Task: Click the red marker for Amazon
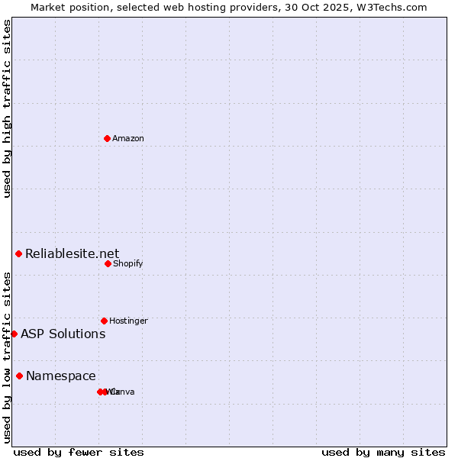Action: (x=108, y=138)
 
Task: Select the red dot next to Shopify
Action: (x=108, y=263)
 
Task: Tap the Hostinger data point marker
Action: (x=104, y=321)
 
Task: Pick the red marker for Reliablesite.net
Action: (x=18, y=253)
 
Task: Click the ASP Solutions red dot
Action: (x=14, y=334)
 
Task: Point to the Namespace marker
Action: (x=19, y=376)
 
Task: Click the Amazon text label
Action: (x=128, y=138)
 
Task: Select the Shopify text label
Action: (x=127, y=263)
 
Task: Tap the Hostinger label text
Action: (x=128, y=321)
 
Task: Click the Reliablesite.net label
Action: (x=72, y=253)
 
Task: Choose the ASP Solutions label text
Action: (x=63, y=334)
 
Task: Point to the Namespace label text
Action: (x=61, y=376)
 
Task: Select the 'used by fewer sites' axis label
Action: (x=79, y=452)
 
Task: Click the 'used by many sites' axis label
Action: (x=383, y=452)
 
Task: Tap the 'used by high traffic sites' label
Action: (x=7, y=108)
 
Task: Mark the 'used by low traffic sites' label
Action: (x=7, y=357)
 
